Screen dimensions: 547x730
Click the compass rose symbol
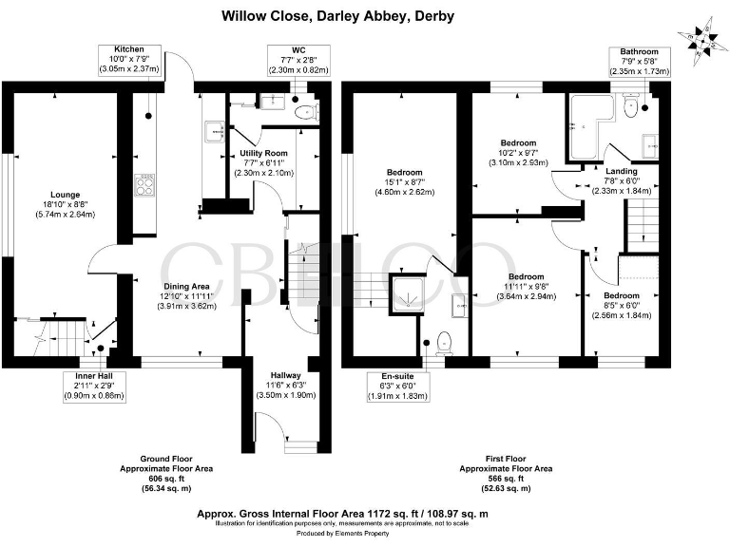pos(701,41)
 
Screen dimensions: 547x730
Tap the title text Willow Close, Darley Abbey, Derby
pos(337,15)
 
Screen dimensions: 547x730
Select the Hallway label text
pos(285,385)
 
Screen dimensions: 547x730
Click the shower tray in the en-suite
pos(410,298)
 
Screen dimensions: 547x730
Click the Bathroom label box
pos(640,63)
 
